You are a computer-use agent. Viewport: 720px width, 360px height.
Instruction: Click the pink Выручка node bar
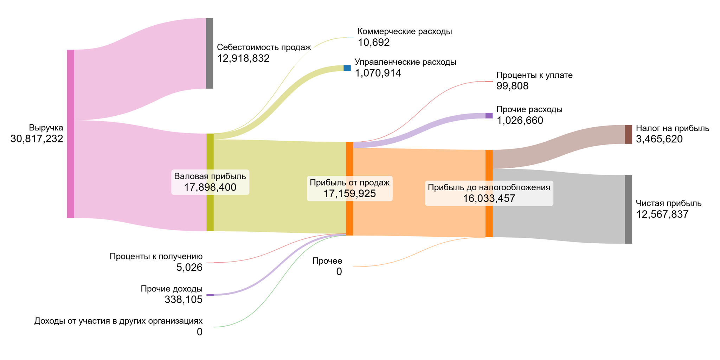click(70, 134)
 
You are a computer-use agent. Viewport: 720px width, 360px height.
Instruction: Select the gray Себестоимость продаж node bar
click(209, 53)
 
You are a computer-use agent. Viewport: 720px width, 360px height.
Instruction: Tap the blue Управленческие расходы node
click(347, 68)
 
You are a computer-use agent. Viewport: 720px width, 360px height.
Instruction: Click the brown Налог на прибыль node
click(628, 134)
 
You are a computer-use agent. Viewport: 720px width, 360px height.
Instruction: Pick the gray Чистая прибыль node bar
click(628, 209)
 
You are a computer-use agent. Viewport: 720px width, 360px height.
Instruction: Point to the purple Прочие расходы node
click(489, 115)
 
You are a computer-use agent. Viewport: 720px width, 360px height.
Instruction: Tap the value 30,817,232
click(37, 139)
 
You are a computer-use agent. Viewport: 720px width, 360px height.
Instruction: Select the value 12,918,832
click(243, 58)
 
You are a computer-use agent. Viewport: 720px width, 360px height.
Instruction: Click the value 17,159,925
click(349, 194)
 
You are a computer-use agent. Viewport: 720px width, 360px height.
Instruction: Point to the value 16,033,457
click(489, 199)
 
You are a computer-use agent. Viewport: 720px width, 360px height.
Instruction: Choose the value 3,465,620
click(659, 139)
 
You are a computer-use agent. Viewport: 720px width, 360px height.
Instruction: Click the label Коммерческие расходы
click(405, 31)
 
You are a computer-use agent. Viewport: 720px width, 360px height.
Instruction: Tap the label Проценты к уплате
click(534, 75)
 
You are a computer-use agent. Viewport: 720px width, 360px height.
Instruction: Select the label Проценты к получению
click(156, 256)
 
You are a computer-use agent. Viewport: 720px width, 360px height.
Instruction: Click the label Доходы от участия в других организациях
click(118, 321)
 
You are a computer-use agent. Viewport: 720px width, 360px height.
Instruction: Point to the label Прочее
click(327, 261)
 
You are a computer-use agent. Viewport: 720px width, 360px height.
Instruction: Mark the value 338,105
click(184, 300)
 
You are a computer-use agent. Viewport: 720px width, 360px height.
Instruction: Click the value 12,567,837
click(662, 214)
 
